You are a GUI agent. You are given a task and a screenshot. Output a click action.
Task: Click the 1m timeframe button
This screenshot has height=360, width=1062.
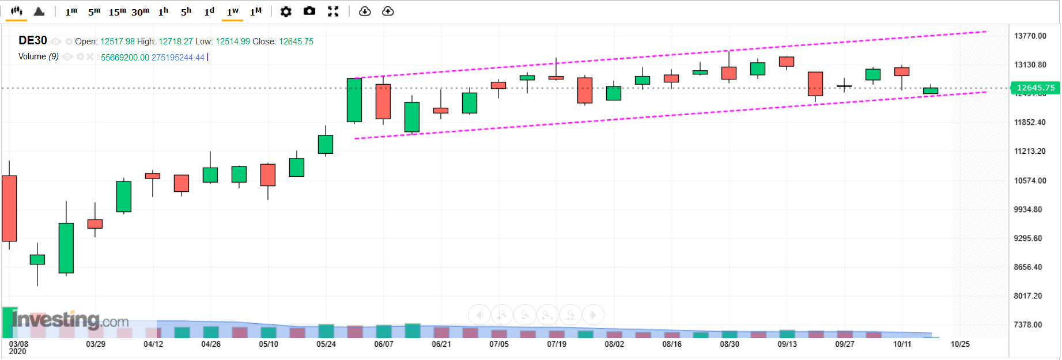(x=71, y=12)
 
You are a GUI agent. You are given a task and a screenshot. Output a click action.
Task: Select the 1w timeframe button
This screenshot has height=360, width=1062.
(x=232, y=12)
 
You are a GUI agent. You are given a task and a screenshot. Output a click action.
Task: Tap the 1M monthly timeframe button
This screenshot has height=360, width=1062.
(x=255, y=12)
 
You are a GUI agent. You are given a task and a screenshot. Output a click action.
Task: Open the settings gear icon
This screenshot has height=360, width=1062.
(x=286, y=12)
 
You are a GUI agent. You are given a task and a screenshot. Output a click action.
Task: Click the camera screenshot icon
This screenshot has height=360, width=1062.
(x=309, y=12)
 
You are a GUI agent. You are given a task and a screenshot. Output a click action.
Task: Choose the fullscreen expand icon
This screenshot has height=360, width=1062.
(x=333, y=12)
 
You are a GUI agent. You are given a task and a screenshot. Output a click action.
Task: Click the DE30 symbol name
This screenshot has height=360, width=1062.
(x=33, y=40)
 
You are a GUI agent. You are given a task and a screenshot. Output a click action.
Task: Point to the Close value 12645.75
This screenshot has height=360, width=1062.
(x=296, y=41)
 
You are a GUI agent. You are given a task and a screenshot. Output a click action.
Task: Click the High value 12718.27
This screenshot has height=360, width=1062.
(x=176, y=41)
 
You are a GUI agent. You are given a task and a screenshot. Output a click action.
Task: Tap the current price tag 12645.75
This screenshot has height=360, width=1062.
(x=1035, y=88)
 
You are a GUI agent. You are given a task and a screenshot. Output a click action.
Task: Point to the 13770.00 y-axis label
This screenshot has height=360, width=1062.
(x=1030, y=36)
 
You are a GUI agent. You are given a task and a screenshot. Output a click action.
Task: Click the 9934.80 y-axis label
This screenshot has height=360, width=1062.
(x=1028, y=210)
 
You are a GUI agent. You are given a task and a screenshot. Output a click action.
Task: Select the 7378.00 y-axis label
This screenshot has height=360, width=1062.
(x=1028, y=325)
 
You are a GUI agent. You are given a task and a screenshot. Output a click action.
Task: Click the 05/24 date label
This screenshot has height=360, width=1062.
(x=326, y=344)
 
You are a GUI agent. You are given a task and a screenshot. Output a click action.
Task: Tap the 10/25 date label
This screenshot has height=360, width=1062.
(x=960, y=344)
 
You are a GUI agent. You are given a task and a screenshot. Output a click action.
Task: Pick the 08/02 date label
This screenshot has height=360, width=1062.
(x=614, y=344)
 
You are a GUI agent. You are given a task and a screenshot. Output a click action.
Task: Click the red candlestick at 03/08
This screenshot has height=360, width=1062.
(x=9, y=208)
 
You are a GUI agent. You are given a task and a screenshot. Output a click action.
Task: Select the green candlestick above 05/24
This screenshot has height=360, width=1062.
(x=326, y=144)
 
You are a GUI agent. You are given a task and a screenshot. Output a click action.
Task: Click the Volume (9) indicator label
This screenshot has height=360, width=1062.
(x=38, y=56)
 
